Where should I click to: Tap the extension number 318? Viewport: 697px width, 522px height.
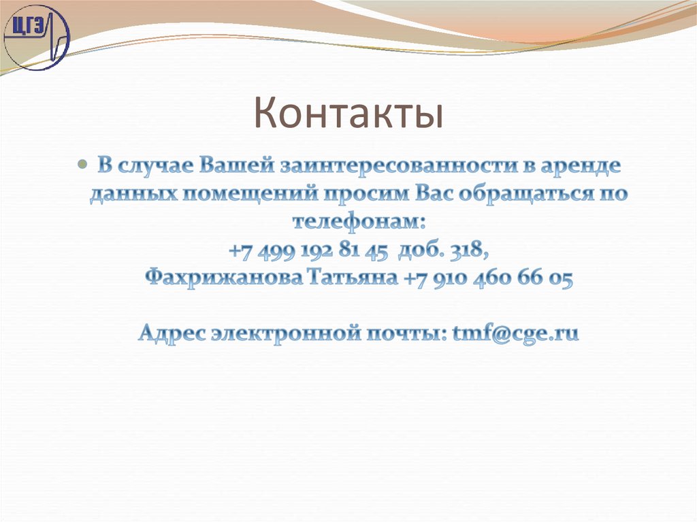pos(470,250)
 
